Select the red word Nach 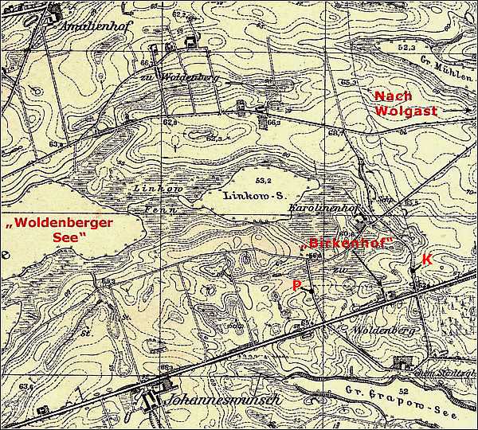(x=393, y=95)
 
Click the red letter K (x=426, y=260)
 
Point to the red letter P (x=296, y=284)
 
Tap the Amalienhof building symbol (x=55, y=11)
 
